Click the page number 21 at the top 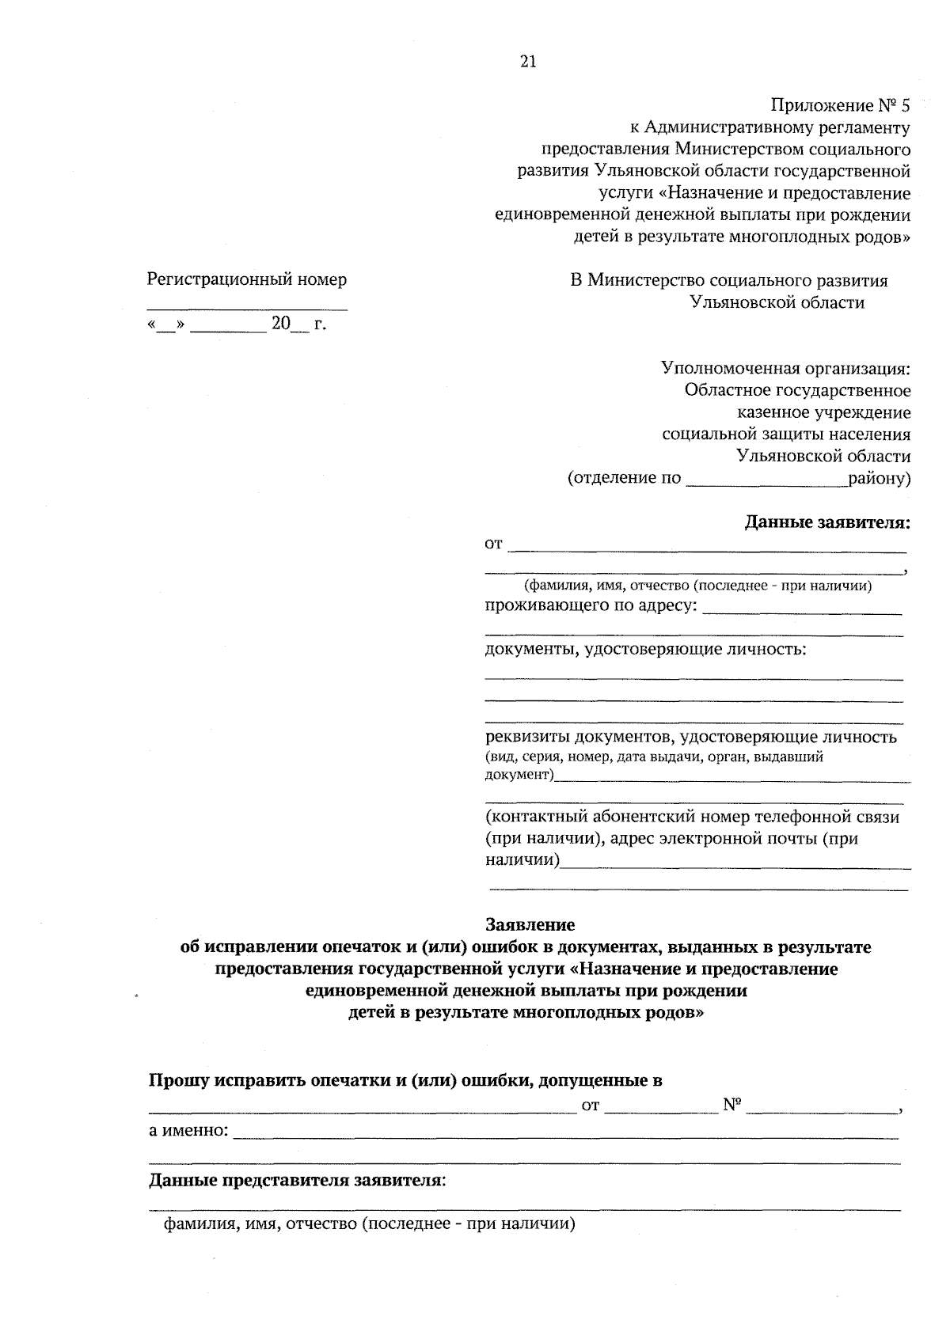529,63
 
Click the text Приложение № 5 841,105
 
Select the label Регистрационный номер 247,279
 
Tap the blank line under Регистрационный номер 247,307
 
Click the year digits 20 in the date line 281,324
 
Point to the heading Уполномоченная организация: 785,368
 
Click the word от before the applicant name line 493,544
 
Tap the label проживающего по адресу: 591,606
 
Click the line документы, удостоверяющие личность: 645,650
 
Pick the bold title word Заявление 530,924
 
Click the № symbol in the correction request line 731,1106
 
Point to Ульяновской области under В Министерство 777,302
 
